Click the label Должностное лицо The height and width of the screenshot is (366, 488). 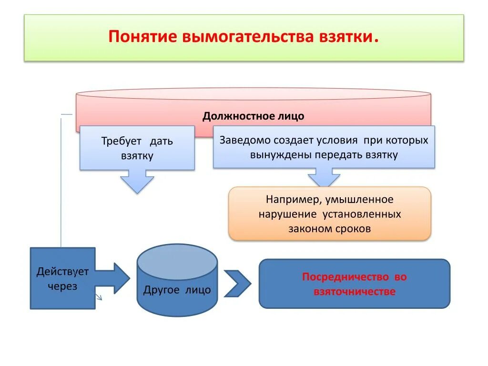coord(253,116)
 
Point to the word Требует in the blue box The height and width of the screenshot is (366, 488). coord(122,142)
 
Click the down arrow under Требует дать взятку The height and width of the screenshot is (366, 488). coord(137,182)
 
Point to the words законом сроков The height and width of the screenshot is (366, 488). coord(329,229)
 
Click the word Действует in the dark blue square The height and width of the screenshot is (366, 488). coord(62,272)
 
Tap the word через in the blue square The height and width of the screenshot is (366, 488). coord(62,287)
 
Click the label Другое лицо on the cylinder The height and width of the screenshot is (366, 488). coord(177,290)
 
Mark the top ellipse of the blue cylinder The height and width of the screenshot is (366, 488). coord(177,262)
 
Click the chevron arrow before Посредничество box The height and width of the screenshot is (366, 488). coord(237,284)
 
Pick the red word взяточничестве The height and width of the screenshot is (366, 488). coord(354,292)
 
